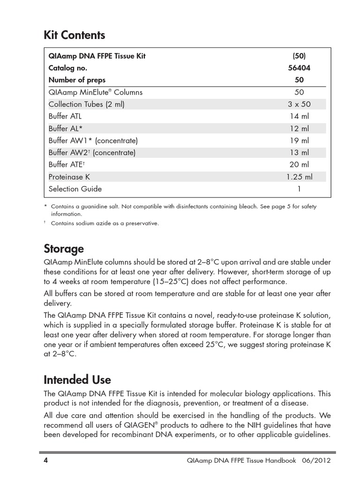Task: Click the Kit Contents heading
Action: click(x=74, y=35)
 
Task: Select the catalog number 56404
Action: click(x=299, y=67)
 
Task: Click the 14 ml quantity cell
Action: click(x=299, y=116)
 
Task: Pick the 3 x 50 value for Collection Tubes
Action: click(x=299, y=104)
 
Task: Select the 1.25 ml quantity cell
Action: click(x=299, y=177)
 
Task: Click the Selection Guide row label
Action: click(x=75, y=189)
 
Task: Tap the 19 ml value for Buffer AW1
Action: click(x=299, y=140)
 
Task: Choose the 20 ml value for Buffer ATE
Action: click(x=299, y=165)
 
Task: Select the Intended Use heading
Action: click(x=77, y=379)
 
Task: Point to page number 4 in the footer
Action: click(x=45, y=460)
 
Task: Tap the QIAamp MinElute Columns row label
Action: click(x=96, y=92)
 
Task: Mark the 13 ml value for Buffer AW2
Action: click(x=299, y=152)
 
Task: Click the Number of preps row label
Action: click(x=77, y=80)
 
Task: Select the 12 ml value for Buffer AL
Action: click(x=299, y=128)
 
